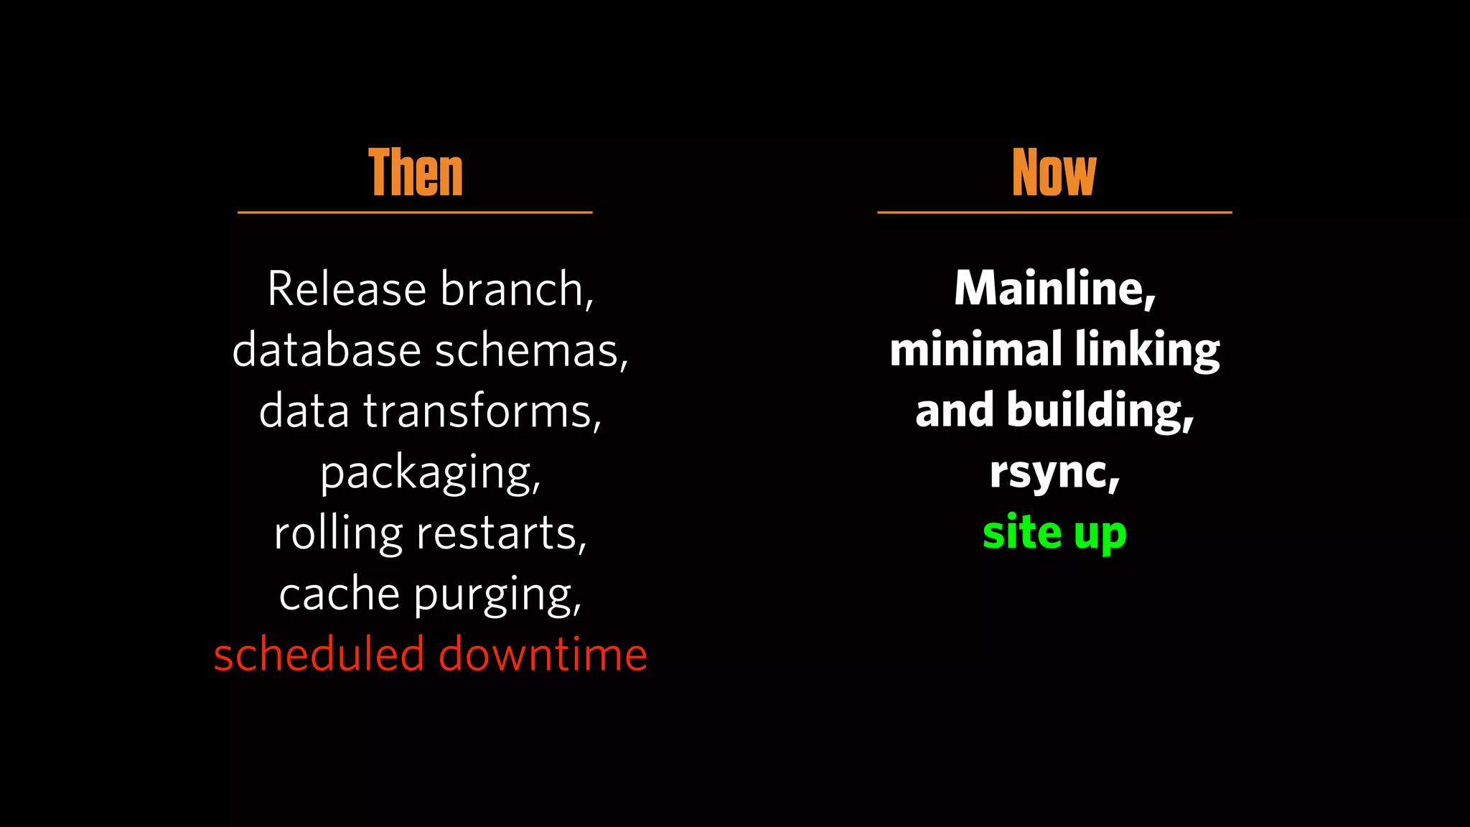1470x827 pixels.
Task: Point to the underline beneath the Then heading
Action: (415, 212)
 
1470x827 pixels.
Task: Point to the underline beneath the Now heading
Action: (1054, 212)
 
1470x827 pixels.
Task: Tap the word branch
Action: (514, 289)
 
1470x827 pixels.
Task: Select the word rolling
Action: (338, 534)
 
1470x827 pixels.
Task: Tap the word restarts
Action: (500, 534)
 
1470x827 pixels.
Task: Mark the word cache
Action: (339, 595)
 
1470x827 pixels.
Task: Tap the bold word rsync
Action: (1051, 472)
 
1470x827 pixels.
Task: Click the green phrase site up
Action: (1054, 533)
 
